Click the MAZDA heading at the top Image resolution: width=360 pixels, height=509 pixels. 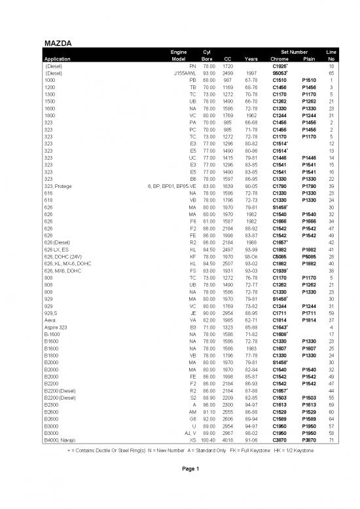(58, 43)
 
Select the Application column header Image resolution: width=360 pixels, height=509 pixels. (62, 58)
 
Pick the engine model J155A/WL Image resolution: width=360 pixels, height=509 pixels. (185, 73)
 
